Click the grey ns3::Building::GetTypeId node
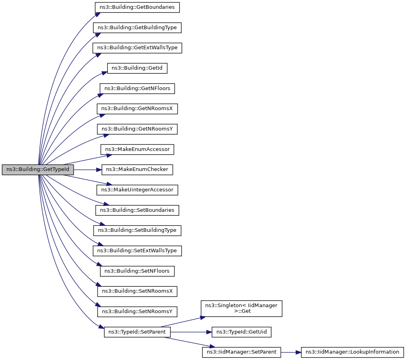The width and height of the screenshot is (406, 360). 38,169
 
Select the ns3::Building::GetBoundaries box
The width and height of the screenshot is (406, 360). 137,7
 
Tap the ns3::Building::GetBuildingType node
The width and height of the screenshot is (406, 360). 137,28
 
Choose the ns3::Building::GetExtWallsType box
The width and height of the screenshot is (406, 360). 137,48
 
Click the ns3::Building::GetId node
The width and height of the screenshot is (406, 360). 137,68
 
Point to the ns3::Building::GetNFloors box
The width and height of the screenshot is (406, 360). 137,88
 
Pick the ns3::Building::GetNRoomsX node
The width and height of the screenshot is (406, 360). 137,109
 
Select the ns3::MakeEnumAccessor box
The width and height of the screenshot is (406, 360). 137,149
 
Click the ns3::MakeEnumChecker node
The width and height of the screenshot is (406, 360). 137,169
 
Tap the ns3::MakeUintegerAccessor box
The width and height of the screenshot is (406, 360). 137,190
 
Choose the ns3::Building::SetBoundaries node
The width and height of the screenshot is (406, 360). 137,210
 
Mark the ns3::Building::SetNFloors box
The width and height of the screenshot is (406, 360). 137,271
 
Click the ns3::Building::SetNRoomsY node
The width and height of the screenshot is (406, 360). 137,312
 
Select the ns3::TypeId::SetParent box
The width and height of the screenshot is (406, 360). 137,332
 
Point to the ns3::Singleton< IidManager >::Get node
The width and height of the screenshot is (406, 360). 241,308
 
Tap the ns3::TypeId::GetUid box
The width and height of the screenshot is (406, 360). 241,332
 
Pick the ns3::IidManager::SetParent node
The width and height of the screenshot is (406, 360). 241,352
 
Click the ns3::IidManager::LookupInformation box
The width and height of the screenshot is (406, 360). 352,352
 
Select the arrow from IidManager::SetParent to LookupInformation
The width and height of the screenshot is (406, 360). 291,352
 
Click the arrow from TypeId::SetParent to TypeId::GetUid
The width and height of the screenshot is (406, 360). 191,332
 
